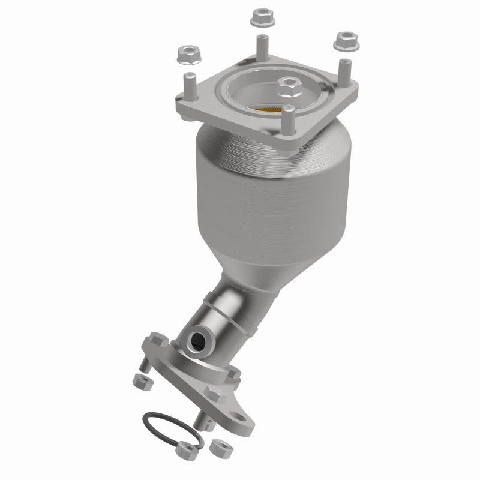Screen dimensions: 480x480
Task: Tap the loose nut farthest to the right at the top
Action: pos(344,41)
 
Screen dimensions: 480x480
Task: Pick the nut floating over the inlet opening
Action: pos(289,88)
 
